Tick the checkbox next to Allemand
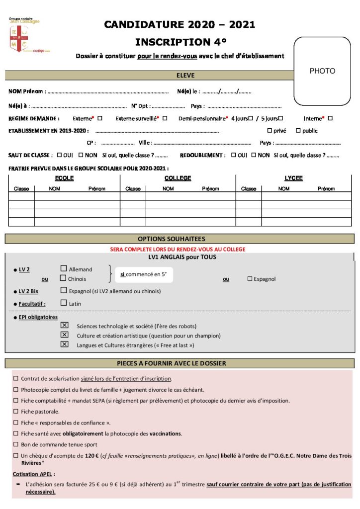[64, 269]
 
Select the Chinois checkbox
[64, 278]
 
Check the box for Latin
[64, 303]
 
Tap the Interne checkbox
[330, 118]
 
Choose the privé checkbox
[270, 131]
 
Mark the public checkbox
[298, 131]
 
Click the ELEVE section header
[185, 76]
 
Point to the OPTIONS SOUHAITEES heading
[179, 239]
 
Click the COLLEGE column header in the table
[178, 178]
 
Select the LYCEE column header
[293, 178]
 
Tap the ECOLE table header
[64, 178]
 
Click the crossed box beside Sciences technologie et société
[64, 325]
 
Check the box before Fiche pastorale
[16, 412]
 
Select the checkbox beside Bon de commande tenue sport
[16, 444]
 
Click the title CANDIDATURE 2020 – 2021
[180, 25]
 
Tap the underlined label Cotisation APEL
[34, 474]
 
